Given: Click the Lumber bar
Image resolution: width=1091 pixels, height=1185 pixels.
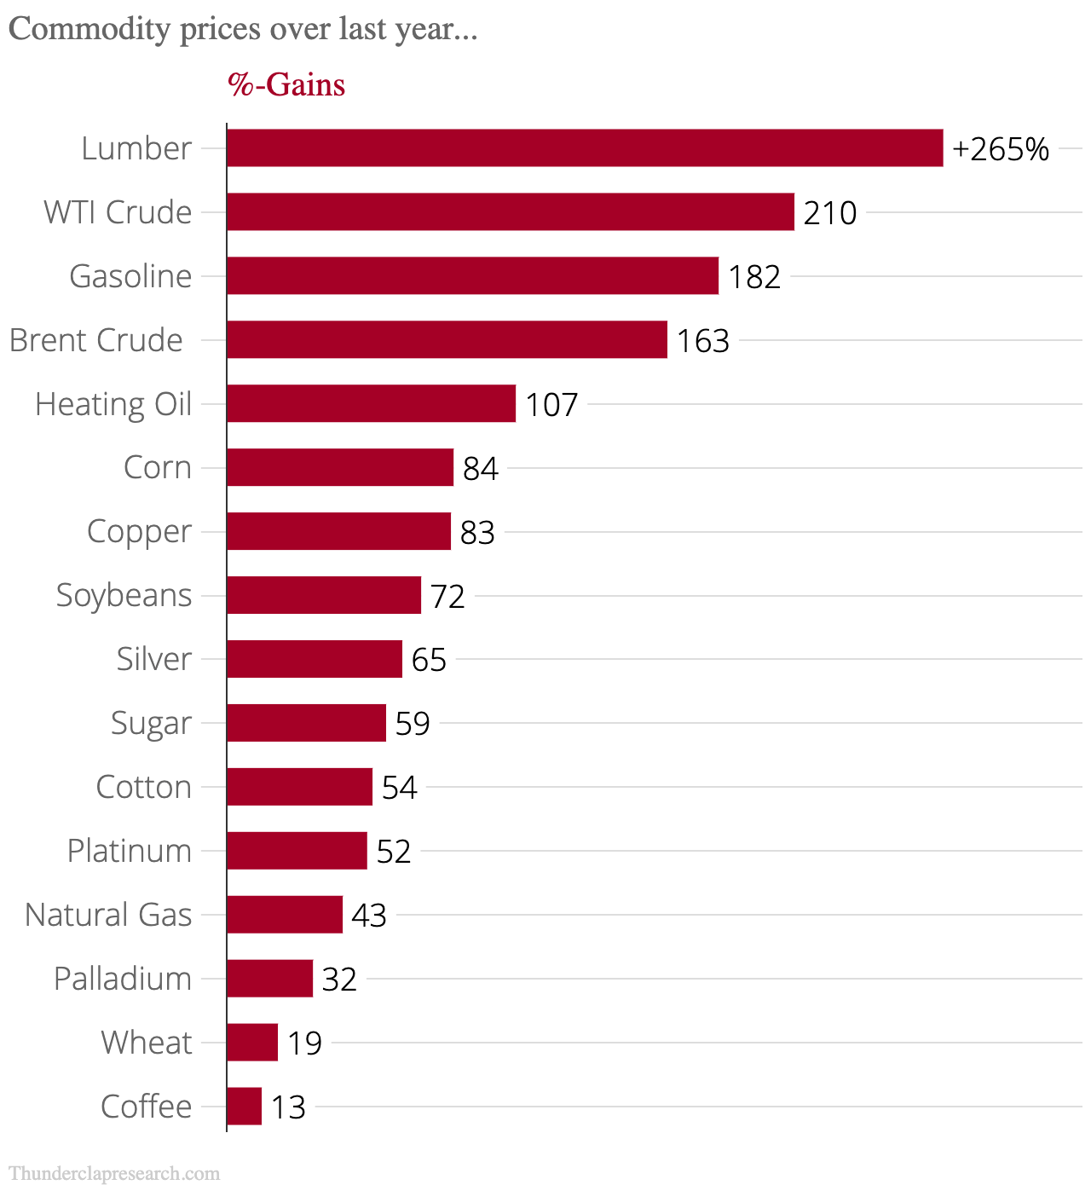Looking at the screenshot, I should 585,148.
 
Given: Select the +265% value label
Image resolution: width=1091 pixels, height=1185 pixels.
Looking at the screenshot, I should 1001,149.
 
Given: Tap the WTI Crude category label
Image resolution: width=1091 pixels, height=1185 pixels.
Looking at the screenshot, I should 118,212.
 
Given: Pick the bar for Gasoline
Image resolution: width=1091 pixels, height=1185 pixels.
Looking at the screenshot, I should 472,276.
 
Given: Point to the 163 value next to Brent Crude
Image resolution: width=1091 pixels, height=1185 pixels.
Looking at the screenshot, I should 703,341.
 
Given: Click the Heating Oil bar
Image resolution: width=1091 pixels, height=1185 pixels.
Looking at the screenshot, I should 371,404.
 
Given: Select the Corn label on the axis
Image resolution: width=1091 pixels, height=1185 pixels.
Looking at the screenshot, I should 158,467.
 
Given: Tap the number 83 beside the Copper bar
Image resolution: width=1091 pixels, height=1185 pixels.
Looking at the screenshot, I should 477,533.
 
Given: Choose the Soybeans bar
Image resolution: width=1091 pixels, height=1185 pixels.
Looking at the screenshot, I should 324,595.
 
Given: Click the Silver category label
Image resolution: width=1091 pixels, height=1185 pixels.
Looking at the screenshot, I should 154,659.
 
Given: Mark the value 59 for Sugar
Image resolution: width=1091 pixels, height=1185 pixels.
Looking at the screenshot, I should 413,724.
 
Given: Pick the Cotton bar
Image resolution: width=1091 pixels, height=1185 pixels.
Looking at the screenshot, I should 299,787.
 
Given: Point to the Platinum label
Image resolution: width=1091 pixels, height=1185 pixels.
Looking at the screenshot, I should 130,851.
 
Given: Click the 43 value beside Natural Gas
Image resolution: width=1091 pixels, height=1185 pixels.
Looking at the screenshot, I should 369,916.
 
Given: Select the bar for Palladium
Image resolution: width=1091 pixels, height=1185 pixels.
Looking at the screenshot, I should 269,979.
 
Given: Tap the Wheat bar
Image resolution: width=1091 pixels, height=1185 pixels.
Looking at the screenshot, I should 252,1043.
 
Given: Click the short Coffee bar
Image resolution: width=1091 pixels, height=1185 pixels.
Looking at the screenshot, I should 244,1107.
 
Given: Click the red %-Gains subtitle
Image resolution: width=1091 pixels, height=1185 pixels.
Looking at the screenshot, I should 286,84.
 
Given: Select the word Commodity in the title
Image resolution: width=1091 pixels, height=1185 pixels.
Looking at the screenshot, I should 89,29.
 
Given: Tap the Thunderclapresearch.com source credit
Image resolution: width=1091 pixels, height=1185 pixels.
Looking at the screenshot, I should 114,1174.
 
